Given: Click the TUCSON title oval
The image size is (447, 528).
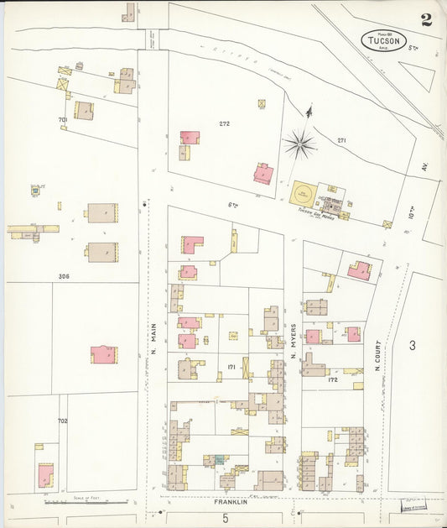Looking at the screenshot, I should click(x=385, y=39).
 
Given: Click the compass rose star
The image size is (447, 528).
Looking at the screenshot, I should click(x=300, y=145).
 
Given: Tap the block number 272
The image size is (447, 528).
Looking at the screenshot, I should click(x=224, y=123).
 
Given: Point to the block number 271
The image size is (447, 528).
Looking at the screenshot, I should click(x=341, y=139).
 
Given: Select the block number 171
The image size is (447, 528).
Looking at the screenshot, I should click(x=231, y=367).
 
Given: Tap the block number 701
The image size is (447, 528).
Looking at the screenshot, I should click(x=62, y=120).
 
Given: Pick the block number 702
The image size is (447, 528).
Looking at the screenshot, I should click(x=62, y=421).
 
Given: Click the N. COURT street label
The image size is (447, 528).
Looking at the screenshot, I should click(x=377, y=358).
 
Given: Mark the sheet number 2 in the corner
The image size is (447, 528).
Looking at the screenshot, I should click(x=426, y=20).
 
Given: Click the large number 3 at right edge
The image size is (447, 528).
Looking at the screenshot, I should click(x=413, y=345).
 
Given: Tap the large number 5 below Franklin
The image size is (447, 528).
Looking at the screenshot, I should click(x=226, y=519).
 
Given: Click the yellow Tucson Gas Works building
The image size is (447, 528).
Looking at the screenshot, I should click(x=306, y=195).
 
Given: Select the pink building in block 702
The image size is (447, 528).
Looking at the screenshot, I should click(x=44, y=476).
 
